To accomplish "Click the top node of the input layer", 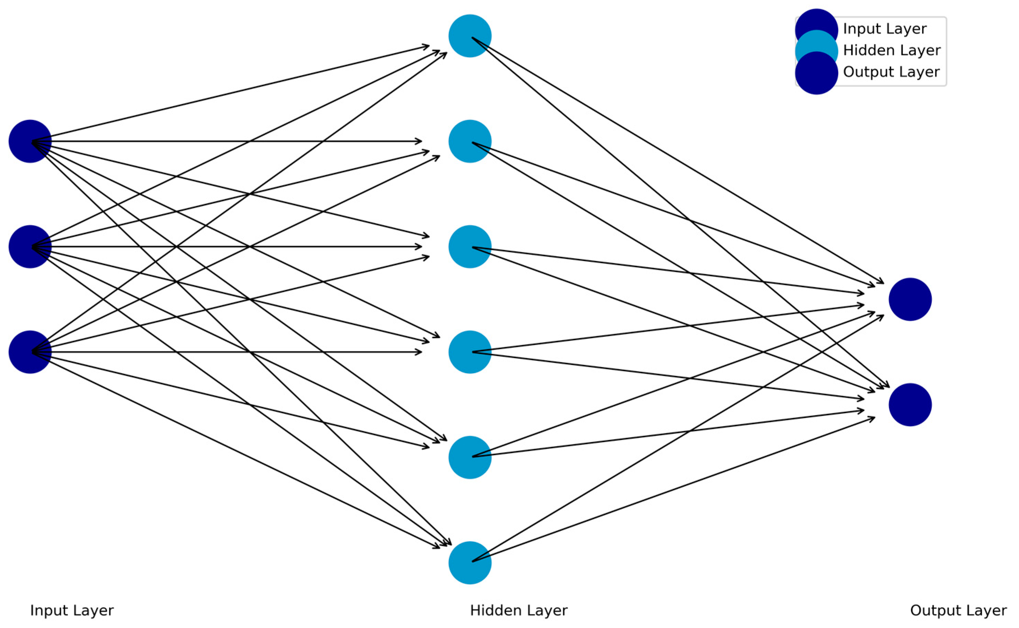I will coord(30,141).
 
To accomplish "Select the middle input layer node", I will coord(30,247).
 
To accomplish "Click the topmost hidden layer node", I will coord(470,36).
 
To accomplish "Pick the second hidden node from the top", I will coord(470,141).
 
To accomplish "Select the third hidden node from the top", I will coord(470,247).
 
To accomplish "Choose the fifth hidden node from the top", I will coord(470,457).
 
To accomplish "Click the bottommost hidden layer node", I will coord(470,563).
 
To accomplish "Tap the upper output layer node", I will coord(910,299).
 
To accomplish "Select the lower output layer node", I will coord(910,405).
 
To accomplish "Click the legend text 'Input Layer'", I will coord(885,29).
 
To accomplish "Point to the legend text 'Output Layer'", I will coord(891,72).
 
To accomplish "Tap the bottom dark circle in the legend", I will coord(816,75).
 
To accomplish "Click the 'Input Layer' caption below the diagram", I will coord(72,610).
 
